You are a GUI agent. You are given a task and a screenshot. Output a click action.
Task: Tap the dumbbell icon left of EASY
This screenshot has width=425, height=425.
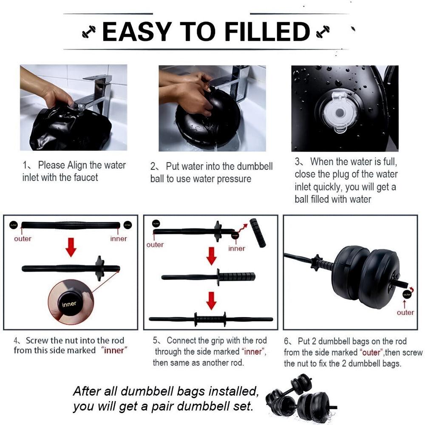[89, 31]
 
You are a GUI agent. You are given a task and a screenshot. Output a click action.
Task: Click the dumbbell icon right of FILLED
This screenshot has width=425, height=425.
[323, 31]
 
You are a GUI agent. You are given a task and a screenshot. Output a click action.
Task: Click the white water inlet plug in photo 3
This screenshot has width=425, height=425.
[339, 112]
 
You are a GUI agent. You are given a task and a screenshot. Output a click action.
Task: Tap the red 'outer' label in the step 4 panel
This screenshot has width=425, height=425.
[23, 238]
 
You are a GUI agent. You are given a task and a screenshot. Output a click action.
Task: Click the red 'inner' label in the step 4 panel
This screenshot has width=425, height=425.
[119, 238]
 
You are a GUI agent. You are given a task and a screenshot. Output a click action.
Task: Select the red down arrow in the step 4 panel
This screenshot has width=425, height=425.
[71, 247]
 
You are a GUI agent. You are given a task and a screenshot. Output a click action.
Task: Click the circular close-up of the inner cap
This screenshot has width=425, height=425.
[71, 302]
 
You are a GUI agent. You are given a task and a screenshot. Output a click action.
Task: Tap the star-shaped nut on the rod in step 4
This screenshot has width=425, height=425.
[99, 268]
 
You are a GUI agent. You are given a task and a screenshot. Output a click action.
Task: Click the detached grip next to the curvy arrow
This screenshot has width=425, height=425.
[258, 232]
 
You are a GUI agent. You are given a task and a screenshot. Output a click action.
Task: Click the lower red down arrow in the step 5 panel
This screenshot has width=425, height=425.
[211, 300]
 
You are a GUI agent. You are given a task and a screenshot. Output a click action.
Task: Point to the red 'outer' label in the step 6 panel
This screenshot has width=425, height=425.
[405, 312]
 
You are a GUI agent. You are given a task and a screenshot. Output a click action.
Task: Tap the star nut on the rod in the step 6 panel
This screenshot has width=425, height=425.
[317, 263]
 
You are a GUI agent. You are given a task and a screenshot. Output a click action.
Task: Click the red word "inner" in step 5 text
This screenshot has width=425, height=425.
[253, 351]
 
